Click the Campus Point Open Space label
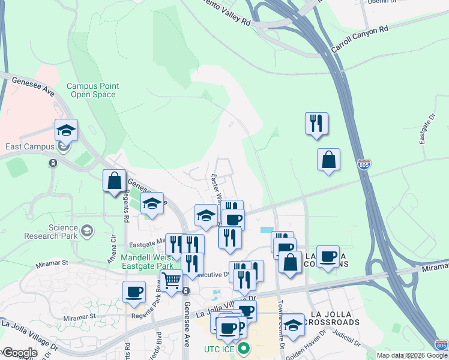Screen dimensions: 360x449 pos(92,90)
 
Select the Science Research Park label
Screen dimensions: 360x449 pos(55,231)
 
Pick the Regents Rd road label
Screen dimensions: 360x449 pos(127,205)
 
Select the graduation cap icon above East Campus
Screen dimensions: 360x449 pos(66,129)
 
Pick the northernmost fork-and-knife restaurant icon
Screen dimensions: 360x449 pos(316,123)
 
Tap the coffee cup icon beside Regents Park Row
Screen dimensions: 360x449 pos(134,292)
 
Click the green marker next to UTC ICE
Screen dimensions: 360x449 pos(243,348)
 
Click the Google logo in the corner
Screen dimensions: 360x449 pos(19,353)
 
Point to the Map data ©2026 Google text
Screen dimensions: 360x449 pos(411,355)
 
